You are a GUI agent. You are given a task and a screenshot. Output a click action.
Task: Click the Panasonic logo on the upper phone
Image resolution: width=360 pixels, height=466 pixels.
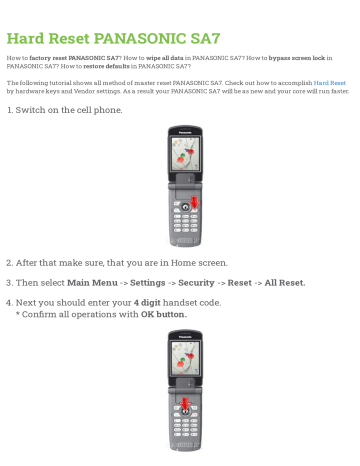(x=180, y=131)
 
